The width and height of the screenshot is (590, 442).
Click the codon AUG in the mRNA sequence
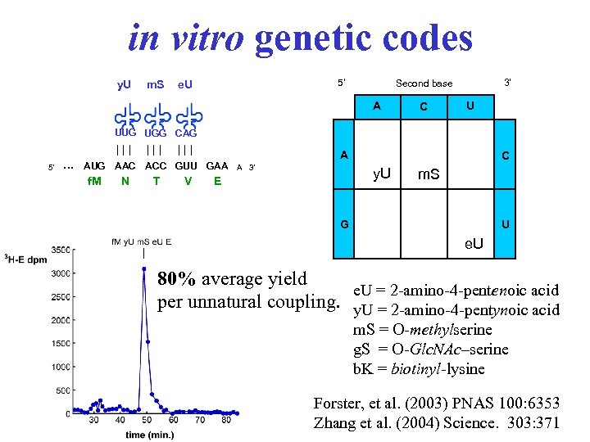(95, 165)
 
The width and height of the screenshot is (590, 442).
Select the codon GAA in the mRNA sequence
(217, 165)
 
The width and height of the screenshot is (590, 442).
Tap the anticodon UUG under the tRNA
(125, 132)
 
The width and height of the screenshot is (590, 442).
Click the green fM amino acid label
(94, 182)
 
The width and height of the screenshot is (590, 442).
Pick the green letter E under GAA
(217, 182)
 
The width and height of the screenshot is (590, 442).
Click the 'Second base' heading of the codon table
(424, 83)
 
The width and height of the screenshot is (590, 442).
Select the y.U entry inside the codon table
(381, 174)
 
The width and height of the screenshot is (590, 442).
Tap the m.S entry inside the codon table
(429, 174)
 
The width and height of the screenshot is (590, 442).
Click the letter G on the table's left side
(345, 223)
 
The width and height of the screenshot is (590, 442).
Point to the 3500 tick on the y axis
(60, 249)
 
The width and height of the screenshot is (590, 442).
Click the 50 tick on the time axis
(146, 420)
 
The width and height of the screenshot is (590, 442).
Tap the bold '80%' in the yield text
(177, 279)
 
